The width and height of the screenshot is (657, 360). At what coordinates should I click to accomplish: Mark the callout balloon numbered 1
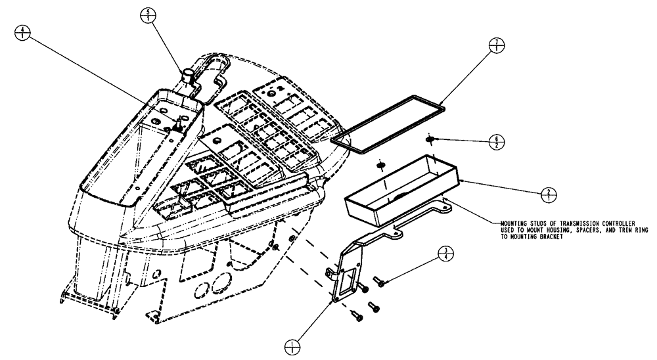[292, 344]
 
